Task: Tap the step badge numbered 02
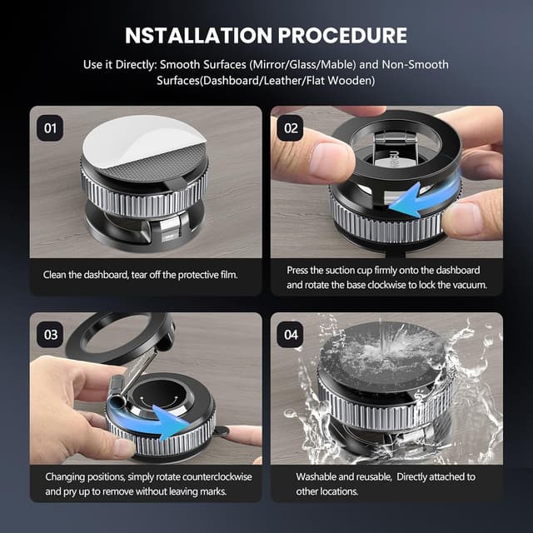pyautogui.click(x=291, y=128)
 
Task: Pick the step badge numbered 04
pyautogui.click(x=291, y=334)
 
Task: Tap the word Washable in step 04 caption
pyautogui.click(x=318, y=477)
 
